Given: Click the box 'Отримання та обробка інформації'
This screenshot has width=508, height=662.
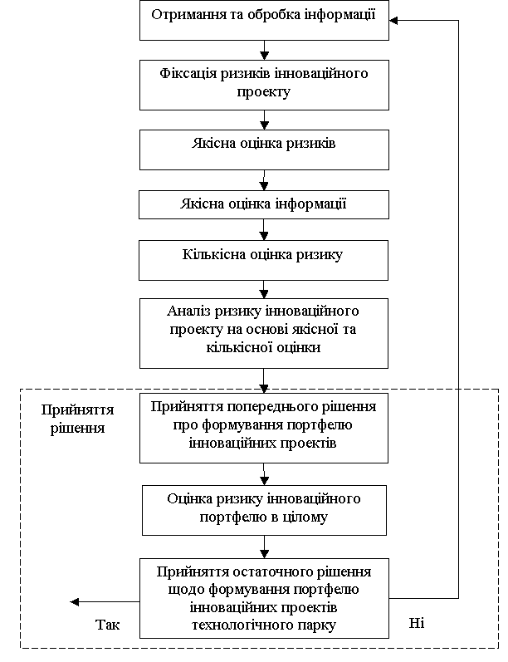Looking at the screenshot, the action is [264, 20].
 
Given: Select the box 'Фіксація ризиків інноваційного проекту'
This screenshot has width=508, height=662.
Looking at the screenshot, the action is [264, 85].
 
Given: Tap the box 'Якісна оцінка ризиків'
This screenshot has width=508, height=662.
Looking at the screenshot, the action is [264, 150].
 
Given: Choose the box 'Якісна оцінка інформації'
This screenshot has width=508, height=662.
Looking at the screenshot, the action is [264, 204].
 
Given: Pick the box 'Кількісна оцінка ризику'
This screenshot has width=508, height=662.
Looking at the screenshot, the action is [263, 260].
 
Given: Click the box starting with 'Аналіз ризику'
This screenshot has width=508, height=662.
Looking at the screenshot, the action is [264, 334].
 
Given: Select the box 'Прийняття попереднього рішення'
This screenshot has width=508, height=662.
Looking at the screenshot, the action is [264, 428].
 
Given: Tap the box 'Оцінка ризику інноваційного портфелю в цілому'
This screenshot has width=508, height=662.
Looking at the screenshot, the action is [264, 510].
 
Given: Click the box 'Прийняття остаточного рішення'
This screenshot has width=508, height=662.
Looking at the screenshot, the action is [264, 598].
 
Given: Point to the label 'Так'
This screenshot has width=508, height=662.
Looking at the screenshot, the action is [108, 625].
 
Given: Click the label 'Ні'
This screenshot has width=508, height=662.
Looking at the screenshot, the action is [417, 623].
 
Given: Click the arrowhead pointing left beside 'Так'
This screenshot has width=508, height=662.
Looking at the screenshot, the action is [75, 601].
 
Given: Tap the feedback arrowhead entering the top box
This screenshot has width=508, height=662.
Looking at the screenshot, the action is [393, 20].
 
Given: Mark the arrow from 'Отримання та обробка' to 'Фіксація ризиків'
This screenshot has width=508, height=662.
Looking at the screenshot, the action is [264, 50].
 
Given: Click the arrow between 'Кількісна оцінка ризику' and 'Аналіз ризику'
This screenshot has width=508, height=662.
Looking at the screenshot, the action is [264, 290].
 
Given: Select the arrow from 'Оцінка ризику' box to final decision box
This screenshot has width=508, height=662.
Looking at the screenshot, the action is [264, 547].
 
